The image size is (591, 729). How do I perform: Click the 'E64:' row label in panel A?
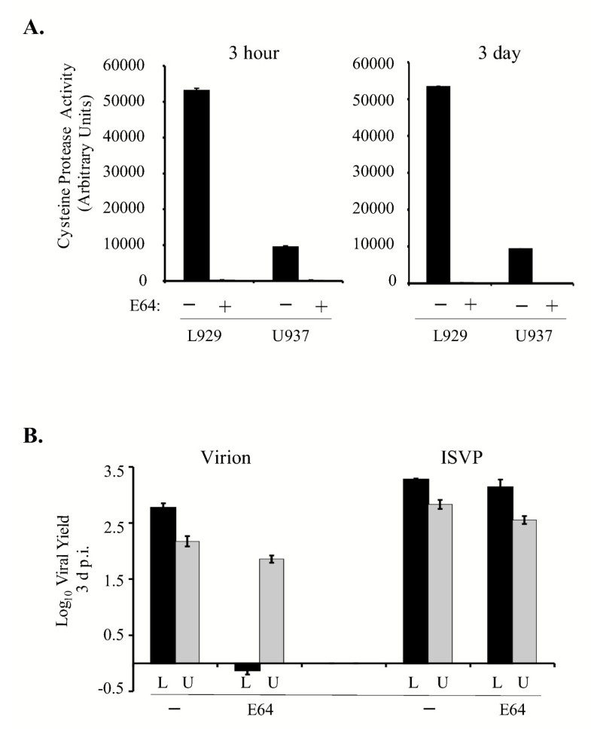[x=141, y=307]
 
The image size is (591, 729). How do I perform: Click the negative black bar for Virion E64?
[x=247, y=667]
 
